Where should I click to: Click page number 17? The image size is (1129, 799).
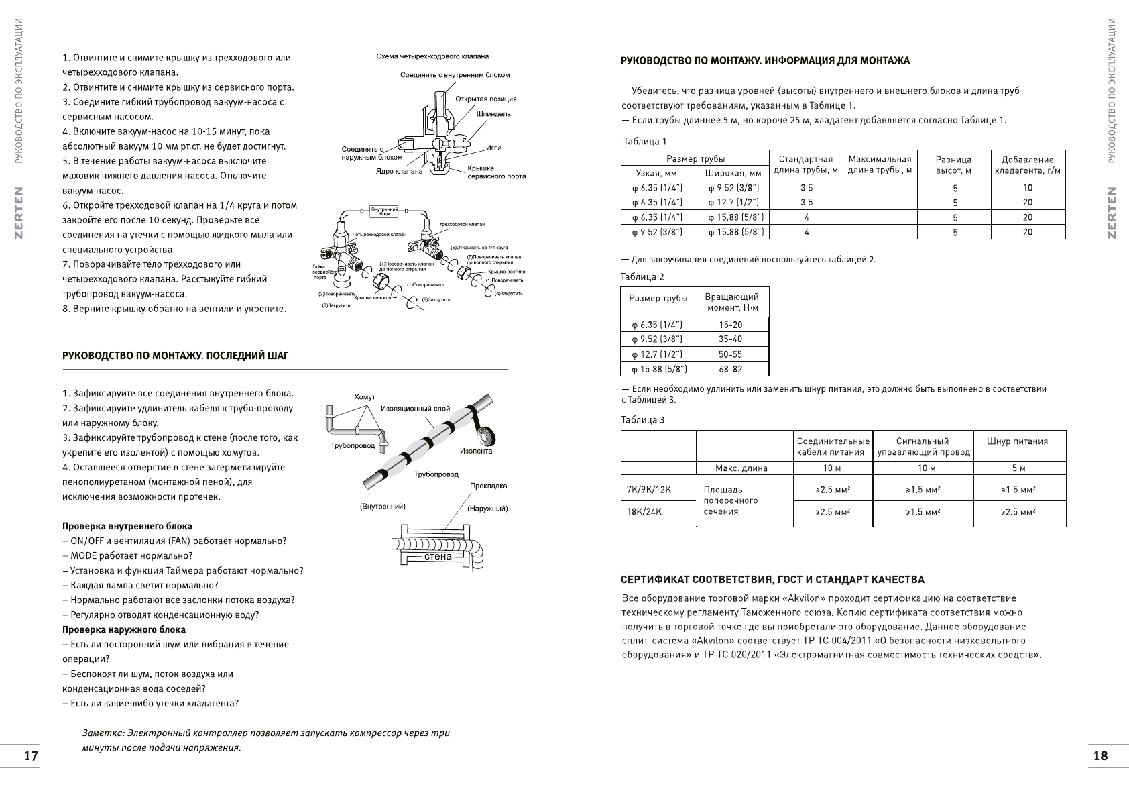pos(31,756)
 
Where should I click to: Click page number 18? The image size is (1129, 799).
pos(1100,756)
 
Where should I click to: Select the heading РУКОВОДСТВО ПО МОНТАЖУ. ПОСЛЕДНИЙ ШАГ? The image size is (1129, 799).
pos(175,355)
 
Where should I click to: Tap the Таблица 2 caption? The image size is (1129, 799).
pos(642,276)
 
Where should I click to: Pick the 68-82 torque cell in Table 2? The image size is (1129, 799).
pos(730,369)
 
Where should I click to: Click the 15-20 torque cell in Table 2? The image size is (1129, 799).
pos(730,325)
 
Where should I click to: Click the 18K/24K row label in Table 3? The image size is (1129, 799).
pos(644,512)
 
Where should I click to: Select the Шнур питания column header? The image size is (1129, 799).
pos(1017,441)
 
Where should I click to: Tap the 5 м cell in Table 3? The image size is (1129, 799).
pos(1018,468)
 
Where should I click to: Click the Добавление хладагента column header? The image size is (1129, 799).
pos(1027,165)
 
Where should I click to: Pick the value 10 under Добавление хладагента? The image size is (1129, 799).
pos(1027,188)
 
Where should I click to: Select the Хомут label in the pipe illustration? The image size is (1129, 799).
pos(364,398)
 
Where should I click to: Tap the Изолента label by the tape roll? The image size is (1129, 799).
pos(475,451)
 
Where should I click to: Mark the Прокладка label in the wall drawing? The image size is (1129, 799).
pos(488,486)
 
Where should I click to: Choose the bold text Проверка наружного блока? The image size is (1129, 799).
pos(124,629)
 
